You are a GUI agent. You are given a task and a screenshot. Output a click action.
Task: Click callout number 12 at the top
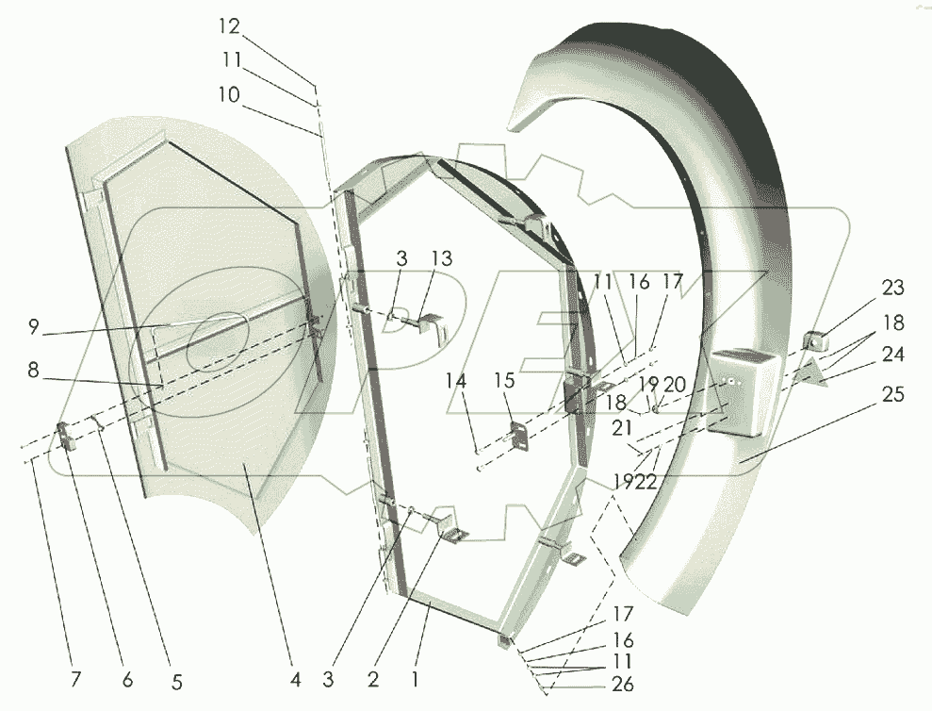click(229, 26)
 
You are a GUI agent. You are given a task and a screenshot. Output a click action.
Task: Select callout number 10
click(229, 94)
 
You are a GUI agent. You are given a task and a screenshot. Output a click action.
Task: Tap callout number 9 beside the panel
click(33, 326)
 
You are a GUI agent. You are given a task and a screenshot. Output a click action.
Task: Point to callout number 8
click(33, 370)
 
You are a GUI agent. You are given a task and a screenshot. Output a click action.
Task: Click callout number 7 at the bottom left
click(75, 679)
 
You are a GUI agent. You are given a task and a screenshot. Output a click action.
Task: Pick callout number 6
click(127, 679)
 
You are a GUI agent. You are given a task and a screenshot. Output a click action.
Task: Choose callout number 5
click(176, 682)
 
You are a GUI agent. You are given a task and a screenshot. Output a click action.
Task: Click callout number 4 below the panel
click(295, 679)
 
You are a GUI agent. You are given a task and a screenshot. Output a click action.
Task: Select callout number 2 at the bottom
click(372, 679)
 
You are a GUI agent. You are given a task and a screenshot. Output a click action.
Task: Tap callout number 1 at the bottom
click(415, 679)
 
